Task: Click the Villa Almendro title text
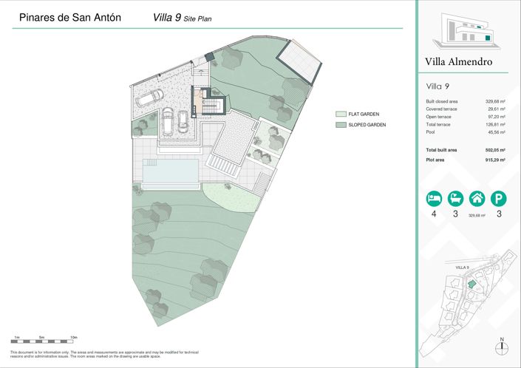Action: point(458,62)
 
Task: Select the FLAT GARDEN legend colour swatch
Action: point(341,115)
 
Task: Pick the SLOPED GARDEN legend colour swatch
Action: point(341,125)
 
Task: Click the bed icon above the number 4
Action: point(434,199)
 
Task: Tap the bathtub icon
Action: point(456,199)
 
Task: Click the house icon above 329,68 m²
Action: point(477,199)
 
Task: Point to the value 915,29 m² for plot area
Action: point(494,160)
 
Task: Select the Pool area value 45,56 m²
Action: point(495,133)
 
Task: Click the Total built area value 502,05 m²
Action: point(494,150)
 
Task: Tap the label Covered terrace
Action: point(440,109)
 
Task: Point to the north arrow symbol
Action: point(502,350)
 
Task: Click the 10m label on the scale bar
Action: point(73,337)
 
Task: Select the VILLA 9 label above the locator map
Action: point(463,266)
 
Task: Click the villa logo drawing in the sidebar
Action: point(465,30)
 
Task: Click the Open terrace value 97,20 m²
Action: point(495,117)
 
